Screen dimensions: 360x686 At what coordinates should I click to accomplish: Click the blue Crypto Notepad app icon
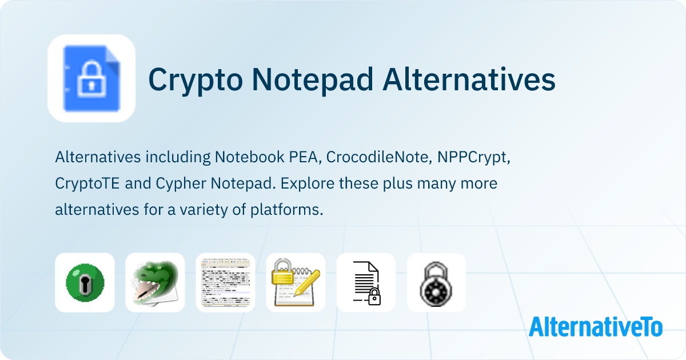[x=91, y=78]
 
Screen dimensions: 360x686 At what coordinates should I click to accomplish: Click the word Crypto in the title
[x=193, y=80]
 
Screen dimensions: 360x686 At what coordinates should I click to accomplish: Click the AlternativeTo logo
[x=595, y=327]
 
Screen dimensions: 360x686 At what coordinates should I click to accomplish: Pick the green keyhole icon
[x=85, y=282]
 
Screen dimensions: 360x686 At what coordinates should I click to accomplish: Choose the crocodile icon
[x=155, y=282]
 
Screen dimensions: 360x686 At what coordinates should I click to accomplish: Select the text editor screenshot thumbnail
[x=225, y=282]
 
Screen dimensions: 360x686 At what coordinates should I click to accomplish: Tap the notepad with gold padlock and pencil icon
[x=296, y=282]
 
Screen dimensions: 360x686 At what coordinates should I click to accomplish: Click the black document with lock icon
[x=366, y=282]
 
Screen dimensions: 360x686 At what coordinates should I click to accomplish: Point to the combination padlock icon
[x=436, y=282]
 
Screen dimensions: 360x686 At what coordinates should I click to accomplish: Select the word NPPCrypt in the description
[x=473, y=157]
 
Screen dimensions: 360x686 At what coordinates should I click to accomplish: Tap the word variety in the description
[x=204, y=210]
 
